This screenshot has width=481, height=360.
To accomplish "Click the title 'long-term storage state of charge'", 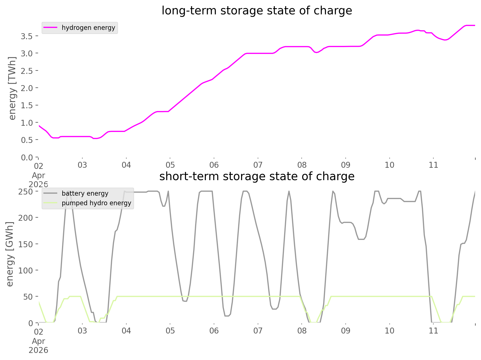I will (x=257, y=11).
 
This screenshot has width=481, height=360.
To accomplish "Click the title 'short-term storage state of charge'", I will (x=257, y=176).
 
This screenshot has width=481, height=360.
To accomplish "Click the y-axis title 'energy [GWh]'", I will (x=10, y=254).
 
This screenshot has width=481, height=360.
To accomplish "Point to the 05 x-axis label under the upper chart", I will (x=170, y=165).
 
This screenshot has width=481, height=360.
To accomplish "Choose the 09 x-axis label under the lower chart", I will (x=346, y=331).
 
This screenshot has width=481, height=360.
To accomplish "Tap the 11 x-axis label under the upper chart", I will (x=433, y=165).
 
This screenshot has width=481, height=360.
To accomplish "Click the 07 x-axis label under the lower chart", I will (x=258, y=331).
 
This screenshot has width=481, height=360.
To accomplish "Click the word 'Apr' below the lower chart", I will (x=38, y=341).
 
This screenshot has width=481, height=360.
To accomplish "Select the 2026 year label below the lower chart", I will (x=38, y=350).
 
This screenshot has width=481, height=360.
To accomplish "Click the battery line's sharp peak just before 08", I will (x=289, y=192).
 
